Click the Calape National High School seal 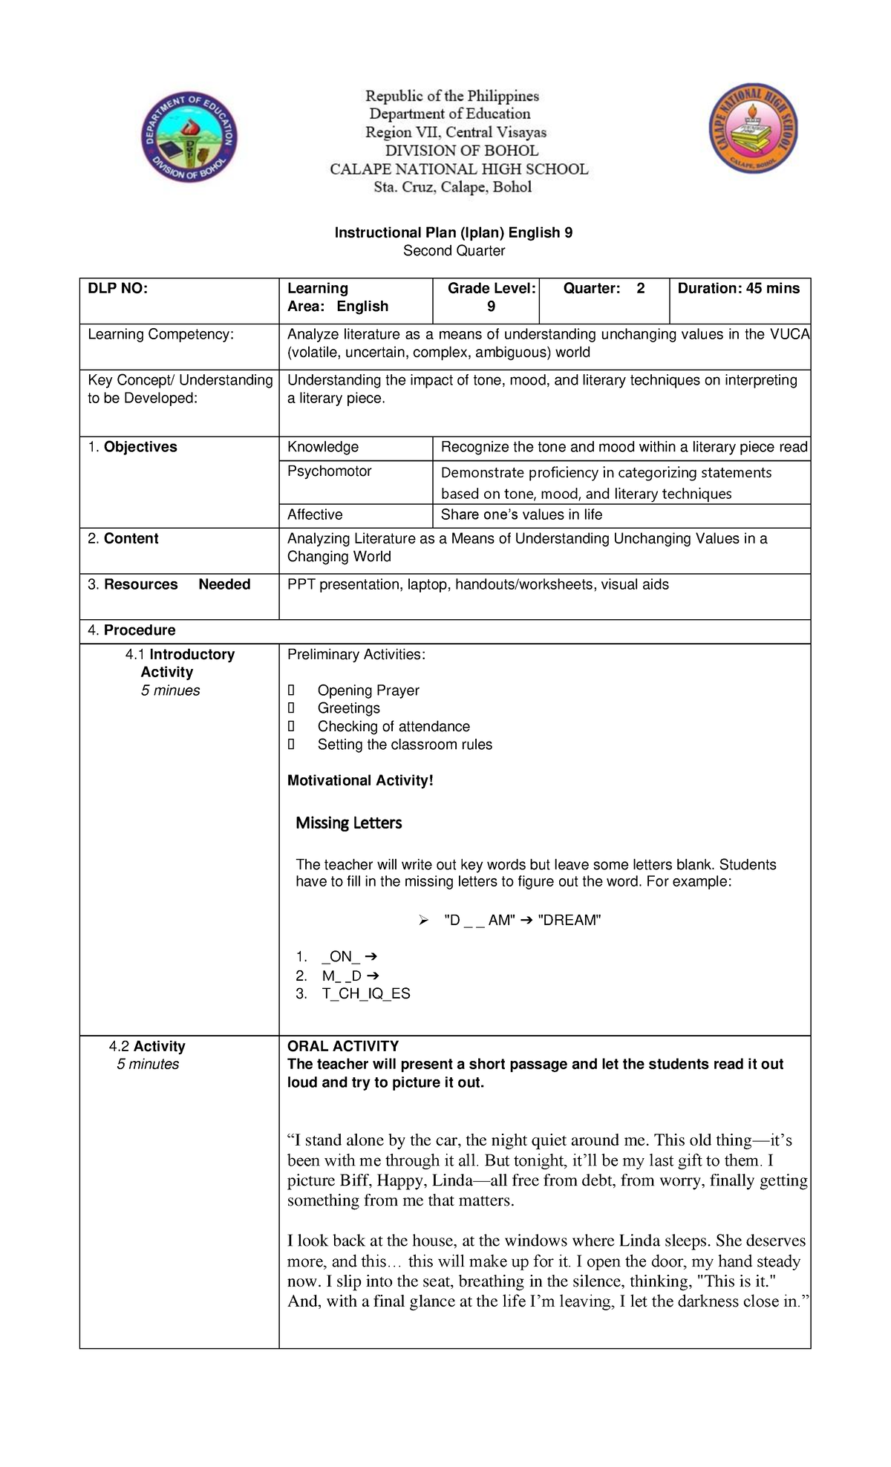coord(753,128)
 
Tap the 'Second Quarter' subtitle coord(454,251)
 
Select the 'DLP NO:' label coord(118,289)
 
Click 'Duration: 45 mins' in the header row coord(739,289)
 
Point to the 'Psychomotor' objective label coord(329,471)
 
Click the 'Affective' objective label coord(315,514)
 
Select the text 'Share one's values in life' coord(521,514)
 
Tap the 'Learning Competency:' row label coord(160,335)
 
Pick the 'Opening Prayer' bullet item coord(368,690)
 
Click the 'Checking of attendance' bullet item coord(394,726)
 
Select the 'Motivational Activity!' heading coord(360,780)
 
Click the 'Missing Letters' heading coord(348,823)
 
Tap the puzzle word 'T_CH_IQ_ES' coord(366,993)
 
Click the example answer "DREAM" coord(569,921)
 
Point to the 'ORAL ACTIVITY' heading coord(343,1046)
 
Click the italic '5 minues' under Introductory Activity coord(170,690)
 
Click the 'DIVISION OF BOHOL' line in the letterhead coord(461,151)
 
